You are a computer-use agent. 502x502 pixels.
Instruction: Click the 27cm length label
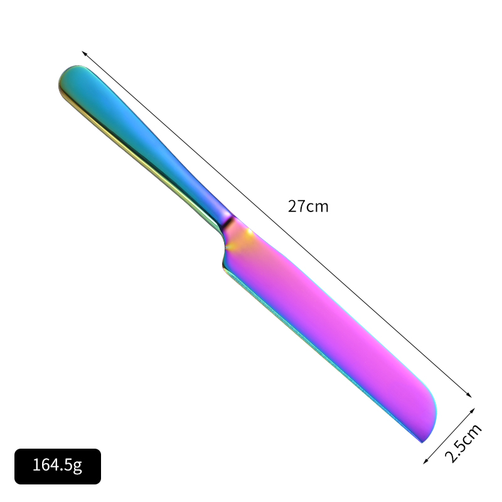click(308, 206)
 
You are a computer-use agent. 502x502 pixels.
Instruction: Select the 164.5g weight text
click(57, 466)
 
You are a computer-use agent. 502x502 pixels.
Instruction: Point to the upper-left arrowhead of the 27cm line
click(84, 53)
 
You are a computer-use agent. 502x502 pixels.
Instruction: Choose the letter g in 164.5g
click(78, 467)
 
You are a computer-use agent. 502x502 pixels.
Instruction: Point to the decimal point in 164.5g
click(63, 471)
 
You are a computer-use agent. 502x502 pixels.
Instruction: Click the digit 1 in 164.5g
click(36, 466)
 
